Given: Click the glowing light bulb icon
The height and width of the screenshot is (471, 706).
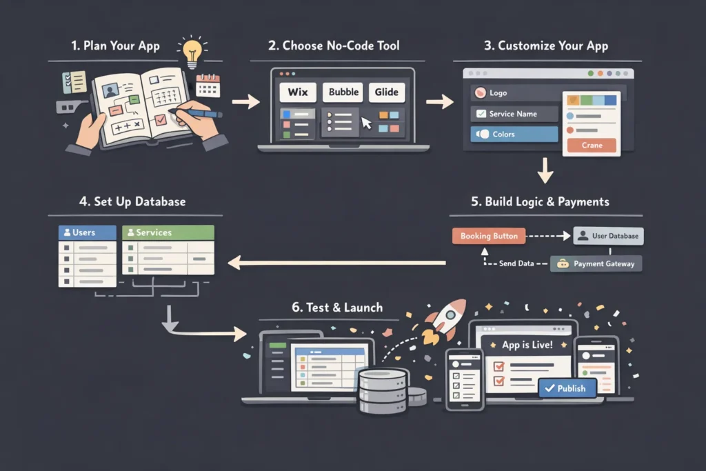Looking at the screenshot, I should coord(192,52).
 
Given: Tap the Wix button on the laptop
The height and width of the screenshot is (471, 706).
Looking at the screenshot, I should coord(297,92).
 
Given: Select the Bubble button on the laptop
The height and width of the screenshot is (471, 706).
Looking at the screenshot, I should coord(343,92).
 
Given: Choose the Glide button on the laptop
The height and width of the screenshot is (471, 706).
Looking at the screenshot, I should coord(387,92).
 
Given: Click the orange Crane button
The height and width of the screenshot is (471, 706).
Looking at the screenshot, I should coord(591,146).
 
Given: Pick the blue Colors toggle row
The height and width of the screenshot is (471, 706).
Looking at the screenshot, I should coord(514,134).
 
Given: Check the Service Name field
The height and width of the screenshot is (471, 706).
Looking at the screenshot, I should coord(514,114).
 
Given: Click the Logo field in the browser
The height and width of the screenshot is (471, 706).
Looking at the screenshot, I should coord(514,93).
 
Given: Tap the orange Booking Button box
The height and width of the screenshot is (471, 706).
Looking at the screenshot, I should coord(489,236).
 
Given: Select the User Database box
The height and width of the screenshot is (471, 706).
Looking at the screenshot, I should coord(607,236).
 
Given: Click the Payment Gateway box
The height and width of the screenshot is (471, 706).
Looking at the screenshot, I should coord(596,263).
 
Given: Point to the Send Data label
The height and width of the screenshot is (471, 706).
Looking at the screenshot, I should coord(516,263).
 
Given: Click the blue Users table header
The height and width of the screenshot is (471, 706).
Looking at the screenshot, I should coord(87,232).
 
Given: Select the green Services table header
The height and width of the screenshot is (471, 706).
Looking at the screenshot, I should coord(168,232).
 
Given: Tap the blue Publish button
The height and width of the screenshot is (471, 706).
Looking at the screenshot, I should coord(565,388).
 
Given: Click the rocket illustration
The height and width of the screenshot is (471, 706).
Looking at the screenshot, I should coord(443,319).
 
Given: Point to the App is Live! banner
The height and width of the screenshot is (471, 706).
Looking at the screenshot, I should coord(527,345).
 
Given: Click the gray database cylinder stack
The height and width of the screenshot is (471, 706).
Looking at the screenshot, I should coord(383,391).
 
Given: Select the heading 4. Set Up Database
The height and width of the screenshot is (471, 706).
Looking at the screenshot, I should coord(132,202).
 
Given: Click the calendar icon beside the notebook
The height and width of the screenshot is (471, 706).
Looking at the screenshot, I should coord(208,86).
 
